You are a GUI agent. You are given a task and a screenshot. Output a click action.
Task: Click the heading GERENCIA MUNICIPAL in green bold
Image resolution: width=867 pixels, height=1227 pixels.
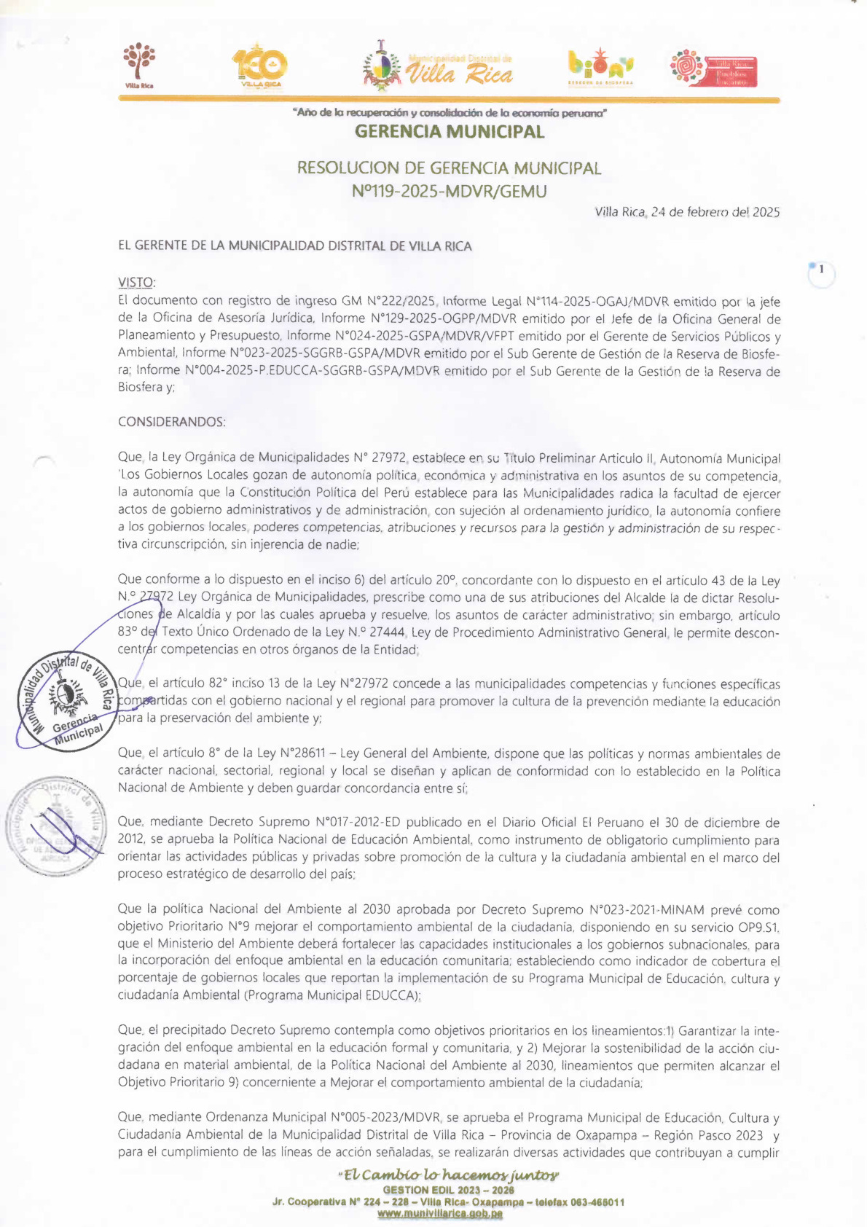click(449, 132)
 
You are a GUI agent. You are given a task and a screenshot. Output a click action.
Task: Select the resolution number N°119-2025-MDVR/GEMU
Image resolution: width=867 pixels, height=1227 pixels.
click(449, 192)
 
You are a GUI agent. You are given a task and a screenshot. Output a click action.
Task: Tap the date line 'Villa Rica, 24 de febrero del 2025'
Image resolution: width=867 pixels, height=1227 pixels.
click(687, 213)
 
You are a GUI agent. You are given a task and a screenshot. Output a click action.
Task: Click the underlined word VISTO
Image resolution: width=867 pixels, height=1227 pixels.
click(136, 283)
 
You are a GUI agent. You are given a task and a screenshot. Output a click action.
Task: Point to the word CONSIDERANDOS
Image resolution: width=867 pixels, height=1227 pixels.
click(172, 422)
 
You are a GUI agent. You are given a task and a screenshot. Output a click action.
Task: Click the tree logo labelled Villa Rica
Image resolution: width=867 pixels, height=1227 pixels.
click(139, 65)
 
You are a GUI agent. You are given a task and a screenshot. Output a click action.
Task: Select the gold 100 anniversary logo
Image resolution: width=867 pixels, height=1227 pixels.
click(260, 68)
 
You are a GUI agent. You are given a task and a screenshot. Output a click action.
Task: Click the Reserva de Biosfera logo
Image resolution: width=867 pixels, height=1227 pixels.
click(600, 67)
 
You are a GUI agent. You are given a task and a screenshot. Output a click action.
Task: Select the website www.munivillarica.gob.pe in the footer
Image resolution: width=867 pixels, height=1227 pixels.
click(439, 1214)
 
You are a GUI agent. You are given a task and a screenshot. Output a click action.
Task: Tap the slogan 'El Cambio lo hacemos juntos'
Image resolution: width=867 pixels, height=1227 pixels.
click(449, 1175)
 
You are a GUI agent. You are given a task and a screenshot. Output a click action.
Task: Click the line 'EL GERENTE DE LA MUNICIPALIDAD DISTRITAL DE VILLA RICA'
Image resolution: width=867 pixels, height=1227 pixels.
click(295, 246)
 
